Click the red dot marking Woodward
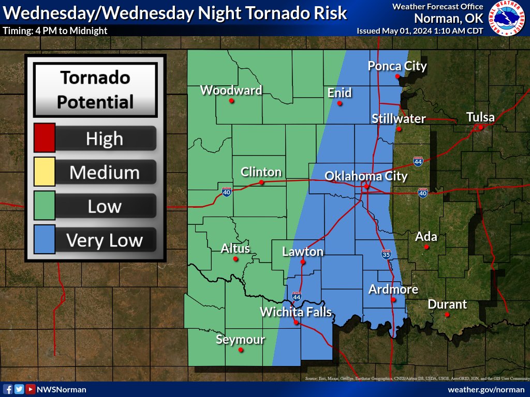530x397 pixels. coord(231,100)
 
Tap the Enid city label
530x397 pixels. coord(340,93)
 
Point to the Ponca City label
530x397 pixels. coord(397,66)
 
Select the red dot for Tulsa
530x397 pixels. coord(480,127)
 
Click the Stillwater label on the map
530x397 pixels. coord(399,119)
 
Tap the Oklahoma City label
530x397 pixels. coord(366,176)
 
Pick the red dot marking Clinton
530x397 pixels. coord(261,182)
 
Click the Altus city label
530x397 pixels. coord(235,248)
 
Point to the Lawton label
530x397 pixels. coord(303,252)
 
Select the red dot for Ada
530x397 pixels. coord(426,247)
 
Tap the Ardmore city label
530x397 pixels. coord(393,289)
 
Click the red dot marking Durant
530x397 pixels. coord(447,314)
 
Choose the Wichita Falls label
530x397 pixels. coord(296,312)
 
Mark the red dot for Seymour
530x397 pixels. coord(240,350)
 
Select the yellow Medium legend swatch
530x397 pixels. coord(44,172)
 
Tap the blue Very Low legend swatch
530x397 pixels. coord(44,240)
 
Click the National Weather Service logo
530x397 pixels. coord(507,18)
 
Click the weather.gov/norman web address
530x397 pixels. coord(485,389)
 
